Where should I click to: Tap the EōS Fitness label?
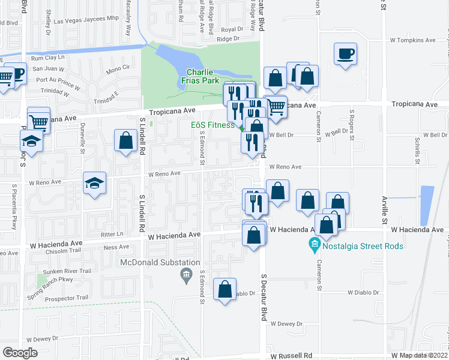click(213, 125)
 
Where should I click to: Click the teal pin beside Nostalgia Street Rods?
click(313, 245)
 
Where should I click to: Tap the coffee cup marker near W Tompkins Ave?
click(345, 55)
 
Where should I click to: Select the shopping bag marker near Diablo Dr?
click(224, 290)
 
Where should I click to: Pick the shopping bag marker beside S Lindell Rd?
click(126, 142)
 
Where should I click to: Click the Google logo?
click(20, 353)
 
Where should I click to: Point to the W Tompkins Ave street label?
click(412, 41)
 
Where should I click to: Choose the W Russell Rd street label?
click(291, 355)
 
